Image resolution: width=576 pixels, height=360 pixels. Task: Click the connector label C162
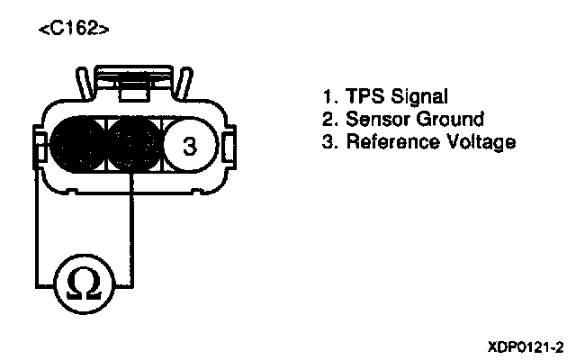click(x=75, y=30)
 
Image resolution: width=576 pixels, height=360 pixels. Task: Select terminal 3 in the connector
click(x=188, y=146)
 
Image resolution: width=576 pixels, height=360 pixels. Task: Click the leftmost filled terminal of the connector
click(x=78, y=144)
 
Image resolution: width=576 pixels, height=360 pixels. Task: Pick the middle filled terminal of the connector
click(x=133, y=144)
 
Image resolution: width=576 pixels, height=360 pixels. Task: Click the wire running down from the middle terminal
click(x=132, y=225)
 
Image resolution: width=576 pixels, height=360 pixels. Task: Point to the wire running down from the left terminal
click(x=37, y=225)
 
